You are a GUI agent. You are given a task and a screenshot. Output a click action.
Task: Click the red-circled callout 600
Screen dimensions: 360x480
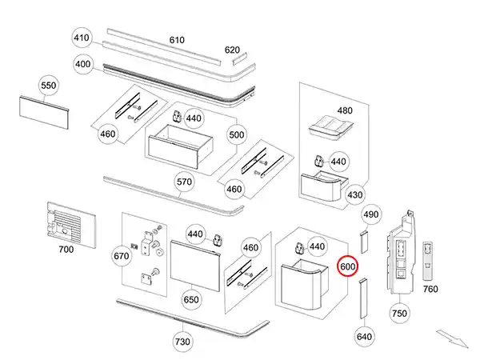point(348,266)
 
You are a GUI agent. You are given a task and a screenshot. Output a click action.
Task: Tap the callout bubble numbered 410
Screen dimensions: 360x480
point(82,38)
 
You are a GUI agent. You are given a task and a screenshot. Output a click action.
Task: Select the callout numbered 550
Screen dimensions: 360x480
point(49,86)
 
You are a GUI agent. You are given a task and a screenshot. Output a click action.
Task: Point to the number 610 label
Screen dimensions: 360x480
point(177,40)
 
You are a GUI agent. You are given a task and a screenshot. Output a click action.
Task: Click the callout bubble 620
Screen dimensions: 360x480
point(232,50)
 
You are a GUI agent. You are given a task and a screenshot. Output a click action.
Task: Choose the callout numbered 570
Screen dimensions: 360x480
point(185,182)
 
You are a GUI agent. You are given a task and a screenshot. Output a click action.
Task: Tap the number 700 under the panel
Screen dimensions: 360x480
point(66,250)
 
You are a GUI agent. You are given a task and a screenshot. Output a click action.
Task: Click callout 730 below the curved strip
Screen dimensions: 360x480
point(183,342)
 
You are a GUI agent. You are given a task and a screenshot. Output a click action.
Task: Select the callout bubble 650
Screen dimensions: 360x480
point(191,300)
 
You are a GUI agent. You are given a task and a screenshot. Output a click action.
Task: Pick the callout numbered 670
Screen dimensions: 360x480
point(122,256)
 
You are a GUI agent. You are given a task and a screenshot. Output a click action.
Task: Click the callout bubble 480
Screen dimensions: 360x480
point(344,110)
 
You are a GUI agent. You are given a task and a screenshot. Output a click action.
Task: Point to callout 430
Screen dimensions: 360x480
point(355,195)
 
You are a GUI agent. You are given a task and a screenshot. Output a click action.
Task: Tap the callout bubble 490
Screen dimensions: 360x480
point(370,214)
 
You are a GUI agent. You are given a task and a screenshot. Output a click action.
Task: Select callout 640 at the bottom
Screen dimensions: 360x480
point(364,337)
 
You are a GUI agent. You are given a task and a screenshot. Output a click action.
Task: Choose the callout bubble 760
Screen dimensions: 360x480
point(430,289)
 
